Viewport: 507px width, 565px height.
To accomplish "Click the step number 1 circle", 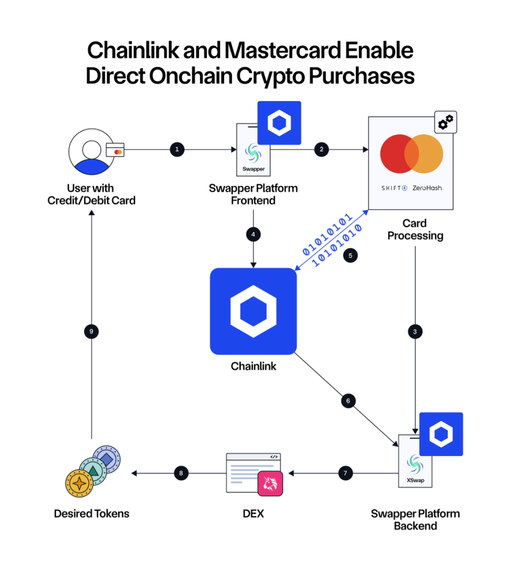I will (176, 150).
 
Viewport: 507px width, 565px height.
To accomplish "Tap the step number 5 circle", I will (350, 255).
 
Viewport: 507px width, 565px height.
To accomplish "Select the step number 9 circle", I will (91, 331).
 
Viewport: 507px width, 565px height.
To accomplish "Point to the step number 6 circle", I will (348, 401).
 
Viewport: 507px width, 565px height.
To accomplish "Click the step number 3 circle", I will (415, 331).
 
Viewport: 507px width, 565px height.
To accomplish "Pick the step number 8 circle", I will (181, 473).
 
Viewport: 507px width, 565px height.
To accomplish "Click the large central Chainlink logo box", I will (253, 311).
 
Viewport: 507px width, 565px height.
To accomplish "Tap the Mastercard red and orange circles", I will (411, 153).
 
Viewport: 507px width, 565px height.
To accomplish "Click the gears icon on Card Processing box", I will (445, 122).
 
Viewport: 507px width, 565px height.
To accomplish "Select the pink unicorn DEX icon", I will (270, 483).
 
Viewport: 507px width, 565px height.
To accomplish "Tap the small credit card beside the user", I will (115, 150).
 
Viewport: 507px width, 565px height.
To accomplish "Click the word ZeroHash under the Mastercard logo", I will (428, 188).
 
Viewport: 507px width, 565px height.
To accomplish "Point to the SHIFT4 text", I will (394, 188).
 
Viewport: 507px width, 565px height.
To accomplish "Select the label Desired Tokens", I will (91, 513).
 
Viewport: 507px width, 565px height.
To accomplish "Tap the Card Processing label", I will (415, 229).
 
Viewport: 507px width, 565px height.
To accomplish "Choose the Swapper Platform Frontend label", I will (253, 194).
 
